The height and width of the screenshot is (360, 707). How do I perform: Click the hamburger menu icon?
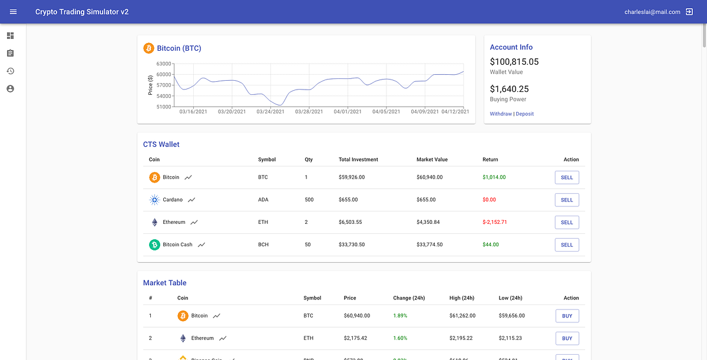[x=14, y=12]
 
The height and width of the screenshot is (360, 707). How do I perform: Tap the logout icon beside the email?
[x=689, y=12]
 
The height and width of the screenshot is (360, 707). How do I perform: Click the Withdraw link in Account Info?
[x=501, y=114]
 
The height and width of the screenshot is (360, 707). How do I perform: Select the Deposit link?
[x=525, y=114]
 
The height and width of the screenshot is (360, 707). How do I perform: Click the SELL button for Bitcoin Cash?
[x=567, y=245]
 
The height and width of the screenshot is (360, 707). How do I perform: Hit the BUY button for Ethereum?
[x=567, y=338]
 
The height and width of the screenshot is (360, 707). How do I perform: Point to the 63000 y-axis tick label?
[x=163, y=64]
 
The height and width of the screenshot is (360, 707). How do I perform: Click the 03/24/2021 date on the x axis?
[x=270, y=111]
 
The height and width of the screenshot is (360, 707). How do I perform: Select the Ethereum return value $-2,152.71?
[x=494, y=222]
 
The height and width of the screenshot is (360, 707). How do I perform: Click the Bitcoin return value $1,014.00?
[x=494, y=177]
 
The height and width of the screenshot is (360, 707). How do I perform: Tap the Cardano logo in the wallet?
[x=154, y=200]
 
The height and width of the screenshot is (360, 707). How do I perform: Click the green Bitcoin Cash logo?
[x=154, y=245]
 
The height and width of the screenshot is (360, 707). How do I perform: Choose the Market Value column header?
[x=432, y=160]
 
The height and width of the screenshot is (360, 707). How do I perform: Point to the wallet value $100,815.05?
[x=514, y=62]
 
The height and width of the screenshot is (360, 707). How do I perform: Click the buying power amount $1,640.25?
[x=509, y=89]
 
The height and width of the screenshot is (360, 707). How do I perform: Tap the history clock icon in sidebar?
[x=10, y=71]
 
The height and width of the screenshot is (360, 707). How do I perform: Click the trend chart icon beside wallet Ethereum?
[x=194, y=222]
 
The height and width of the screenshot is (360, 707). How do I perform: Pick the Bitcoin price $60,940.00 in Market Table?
[x=357, y=316]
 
